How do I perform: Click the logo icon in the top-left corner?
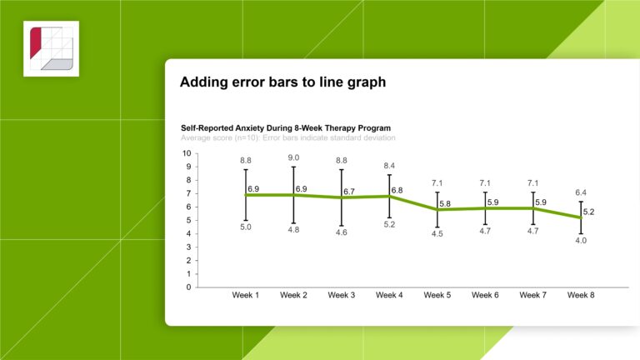(x=51, y=48)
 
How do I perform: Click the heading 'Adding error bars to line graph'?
(x=282, y=82)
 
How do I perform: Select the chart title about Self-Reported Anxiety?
(x=286, y=128)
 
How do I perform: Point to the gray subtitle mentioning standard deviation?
(x=287, y=137)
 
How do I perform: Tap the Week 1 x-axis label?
(x=246, y=295)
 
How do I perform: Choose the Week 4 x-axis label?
(x=390, y=295)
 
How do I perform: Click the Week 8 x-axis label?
(x=581, y=295)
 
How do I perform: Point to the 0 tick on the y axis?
(x=188, y=287)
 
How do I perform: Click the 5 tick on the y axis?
(x=188, y=221)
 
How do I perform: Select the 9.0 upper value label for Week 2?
(x=293, y=157)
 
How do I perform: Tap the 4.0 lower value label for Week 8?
(x=581, y=242)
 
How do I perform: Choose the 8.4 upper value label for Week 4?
(x=389, y=166)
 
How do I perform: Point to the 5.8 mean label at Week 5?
(x=446, y=204)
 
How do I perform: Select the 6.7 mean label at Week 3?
(x=350, y=192)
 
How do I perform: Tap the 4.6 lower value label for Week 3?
(x=342, y=233)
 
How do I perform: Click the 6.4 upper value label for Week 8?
(x=581, y=192)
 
